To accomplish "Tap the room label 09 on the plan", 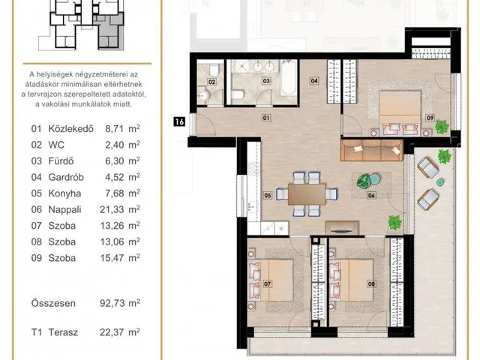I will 430,117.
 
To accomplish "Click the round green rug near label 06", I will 366,181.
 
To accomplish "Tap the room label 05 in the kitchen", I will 268,198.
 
